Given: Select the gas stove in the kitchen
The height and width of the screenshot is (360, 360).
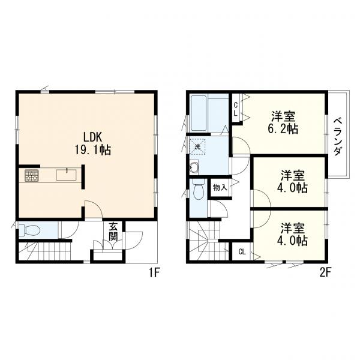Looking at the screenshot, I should (x=31, y=176).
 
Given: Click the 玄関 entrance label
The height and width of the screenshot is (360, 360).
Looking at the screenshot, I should (x=113, y=231).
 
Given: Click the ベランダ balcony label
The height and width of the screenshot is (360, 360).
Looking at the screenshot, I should (x=338, y=134).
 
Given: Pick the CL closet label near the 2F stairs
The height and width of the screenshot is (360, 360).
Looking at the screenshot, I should (x=241, y=252).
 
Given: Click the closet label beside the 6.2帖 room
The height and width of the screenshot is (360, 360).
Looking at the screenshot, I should (x=236, y=109).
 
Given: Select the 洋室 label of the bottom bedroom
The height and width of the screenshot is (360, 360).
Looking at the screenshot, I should (x=294, y=228).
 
